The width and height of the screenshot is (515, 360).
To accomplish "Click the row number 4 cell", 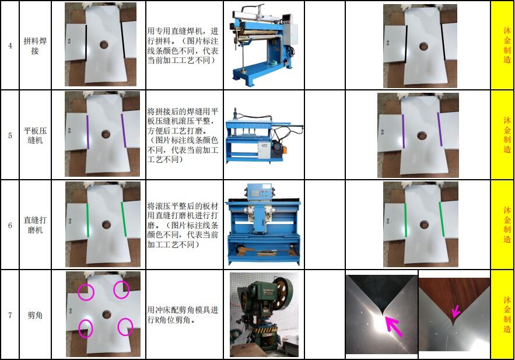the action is (10, 46).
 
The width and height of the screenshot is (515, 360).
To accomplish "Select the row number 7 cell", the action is (10, 315).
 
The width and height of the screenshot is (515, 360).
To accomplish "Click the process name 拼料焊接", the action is (35, 46).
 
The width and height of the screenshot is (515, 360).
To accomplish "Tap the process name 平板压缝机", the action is (35, 135).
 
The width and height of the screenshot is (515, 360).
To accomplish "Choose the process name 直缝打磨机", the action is (35, 225).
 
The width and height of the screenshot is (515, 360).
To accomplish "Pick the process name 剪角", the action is (35, 315).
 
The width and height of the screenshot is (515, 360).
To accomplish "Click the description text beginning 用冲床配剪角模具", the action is (183, 314).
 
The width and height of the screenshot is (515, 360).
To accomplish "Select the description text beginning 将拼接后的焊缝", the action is (183, 135).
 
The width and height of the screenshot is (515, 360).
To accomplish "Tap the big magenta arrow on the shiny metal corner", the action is (394, 327).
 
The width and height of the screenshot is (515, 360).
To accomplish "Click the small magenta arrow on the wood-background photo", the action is (456, 311).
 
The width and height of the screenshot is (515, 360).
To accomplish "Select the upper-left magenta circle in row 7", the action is (86, 292).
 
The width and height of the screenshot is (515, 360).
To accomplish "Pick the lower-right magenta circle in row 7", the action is (125, 327).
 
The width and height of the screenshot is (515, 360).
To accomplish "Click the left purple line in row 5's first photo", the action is (87, 132).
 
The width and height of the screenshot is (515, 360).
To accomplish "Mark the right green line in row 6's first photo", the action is (124, 219).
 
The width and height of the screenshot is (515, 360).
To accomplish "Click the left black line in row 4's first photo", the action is (86, 43).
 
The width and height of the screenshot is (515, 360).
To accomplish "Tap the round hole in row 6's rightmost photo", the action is (423, 225).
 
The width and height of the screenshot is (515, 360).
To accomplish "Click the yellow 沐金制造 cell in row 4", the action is (502, 46).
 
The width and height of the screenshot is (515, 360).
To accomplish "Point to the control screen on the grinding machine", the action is (254, 191).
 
